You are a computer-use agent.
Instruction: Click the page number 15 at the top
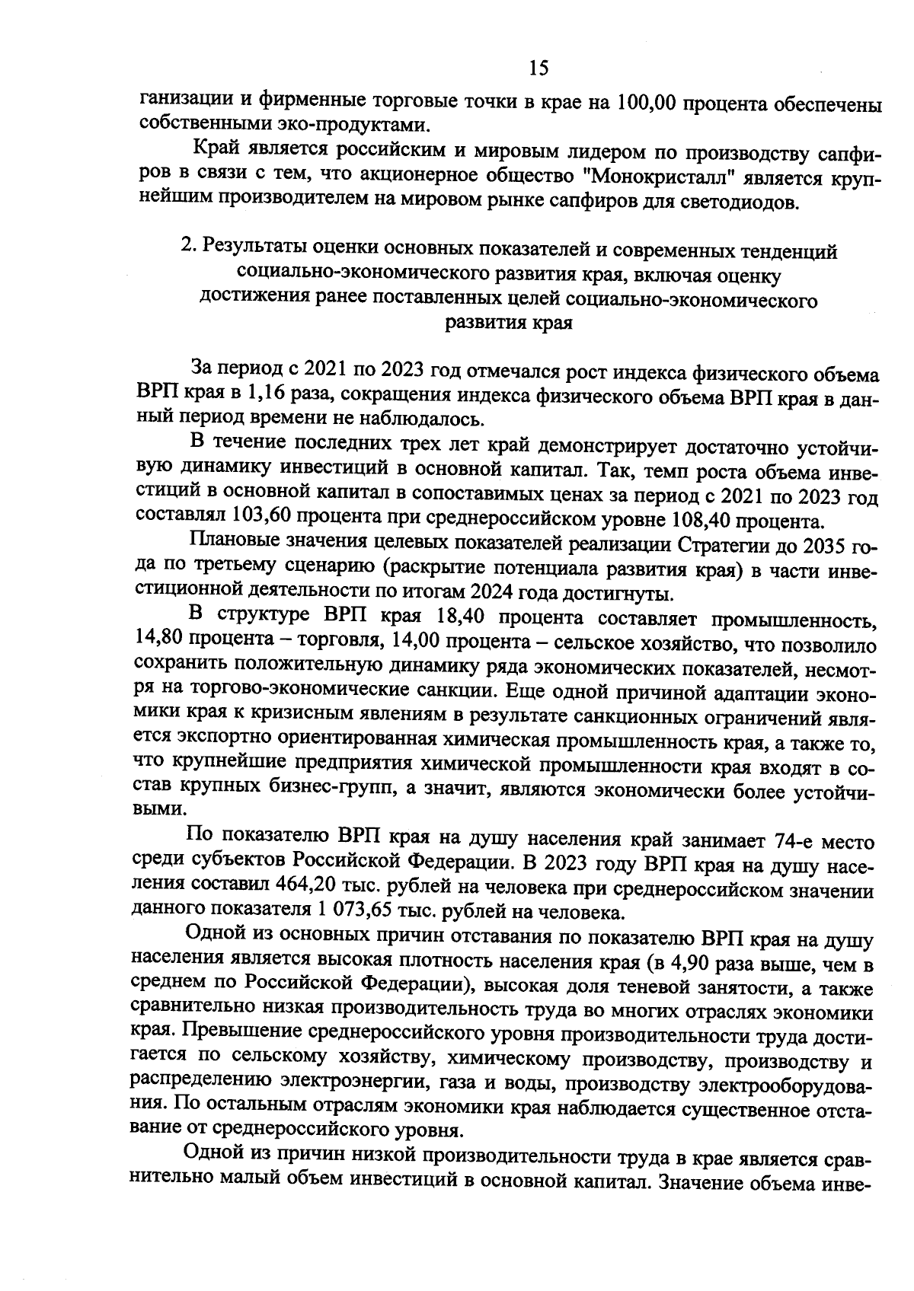coord(538,69)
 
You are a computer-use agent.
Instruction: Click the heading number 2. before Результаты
coord(187,250)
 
